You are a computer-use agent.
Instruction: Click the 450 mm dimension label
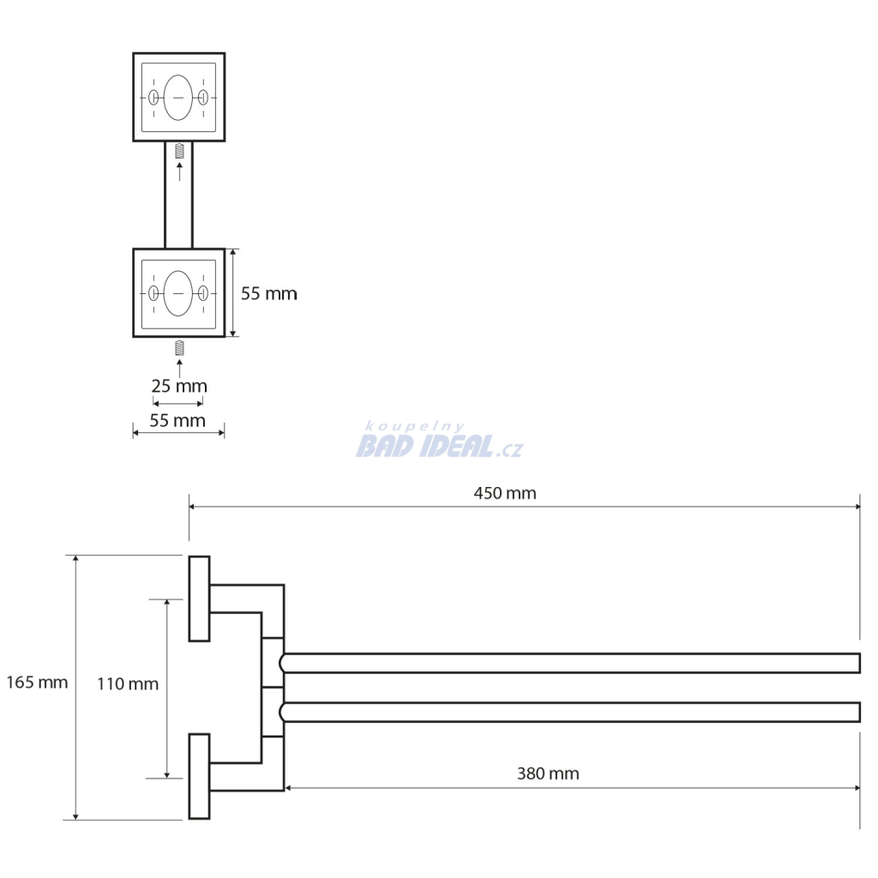tap(504, 493)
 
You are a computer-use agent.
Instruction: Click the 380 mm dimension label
tap(548, 774)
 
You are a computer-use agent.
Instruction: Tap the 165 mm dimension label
tap(37, 683)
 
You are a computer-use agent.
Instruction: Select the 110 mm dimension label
tap(128, 684)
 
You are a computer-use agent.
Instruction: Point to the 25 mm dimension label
tap(179, 387)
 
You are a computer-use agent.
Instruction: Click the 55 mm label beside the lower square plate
tap(268, 294)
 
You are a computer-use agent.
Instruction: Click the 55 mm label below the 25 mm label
tap(177, 420)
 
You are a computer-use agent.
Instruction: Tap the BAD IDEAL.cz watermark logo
tap(440, 441)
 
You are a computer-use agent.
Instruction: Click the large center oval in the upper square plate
tap(178, 98)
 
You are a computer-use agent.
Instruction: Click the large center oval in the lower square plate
tap(178, 293)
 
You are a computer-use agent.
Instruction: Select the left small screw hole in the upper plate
tap(153, 98)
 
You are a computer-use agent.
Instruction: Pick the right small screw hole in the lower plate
tap(203, 293)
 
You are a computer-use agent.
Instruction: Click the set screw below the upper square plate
tap(179, 151)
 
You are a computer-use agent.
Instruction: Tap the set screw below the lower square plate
tap(179, 348)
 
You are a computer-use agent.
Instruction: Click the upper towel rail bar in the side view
tap(570, 663)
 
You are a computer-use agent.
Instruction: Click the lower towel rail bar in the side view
tap(570, 712)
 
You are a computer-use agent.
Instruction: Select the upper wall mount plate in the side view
tap(199, 598)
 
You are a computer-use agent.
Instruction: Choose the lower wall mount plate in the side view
tap(199, 776)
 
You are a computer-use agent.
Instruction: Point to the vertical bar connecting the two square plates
tap(178, 195)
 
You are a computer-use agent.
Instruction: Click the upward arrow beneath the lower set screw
tap(179, 369)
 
